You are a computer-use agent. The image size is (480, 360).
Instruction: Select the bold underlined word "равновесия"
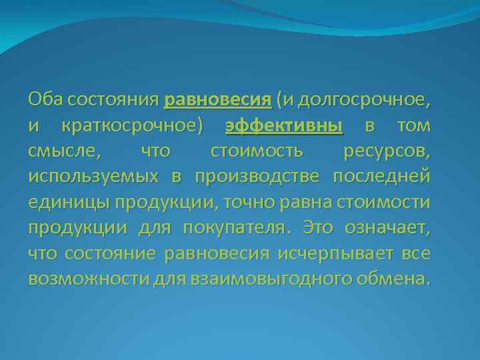pyautogui.click(x=217, y=100)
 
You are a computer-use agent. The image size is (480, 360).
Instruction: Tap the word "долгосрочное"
pyautogui.click(x=363, y=100)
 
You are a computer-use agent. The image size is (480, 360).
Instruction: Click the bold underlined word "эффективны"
pyautogui.click(x=285, y=126)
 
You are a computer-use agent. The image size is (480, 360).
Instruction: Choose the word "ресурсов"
pyautogui.click(x=386, y=151)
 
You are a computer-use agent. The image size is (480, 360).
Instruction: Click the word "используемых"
pyautogui.click(x=93, y=177)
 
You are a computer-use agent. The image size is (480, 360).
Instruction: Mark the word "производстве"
pyautogui.click(x=259, y=177)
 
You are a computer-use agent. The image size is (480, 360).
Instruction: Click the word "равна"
pyautogui.click(x=300, y=202)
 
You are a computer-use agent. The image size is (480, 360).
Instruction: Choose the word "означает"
pyautogui.click(x=387, y=227)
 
